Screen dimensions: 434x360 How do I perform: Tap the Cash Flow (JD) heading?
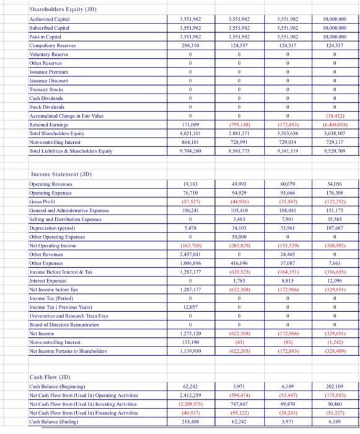point(50,377)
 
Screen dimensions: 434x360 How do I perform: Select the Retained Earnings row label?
point(49,126)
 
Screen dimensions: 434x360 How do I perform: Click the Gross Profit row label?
point(44,202)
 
